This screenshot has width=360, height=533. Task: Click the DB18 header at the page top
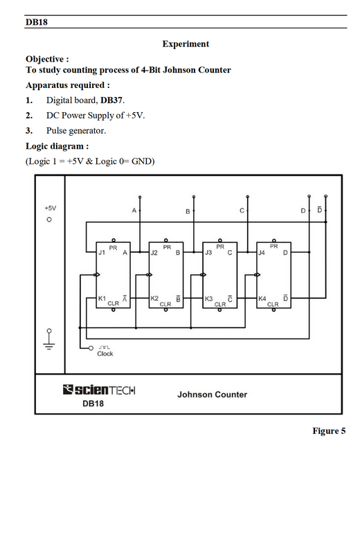[x=37, y=22]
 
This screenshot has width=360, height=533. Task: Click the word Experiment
[x=186, y=44]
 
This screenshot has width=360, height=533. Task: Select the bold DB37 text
[x=111, y=100]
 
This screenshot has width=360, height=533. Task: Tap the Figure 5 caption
[x=329, y=431]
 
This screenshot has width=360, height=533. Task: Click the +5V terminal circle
[x=49, y=219]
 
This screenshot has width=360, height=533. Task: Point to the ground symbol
[x=49, y=339]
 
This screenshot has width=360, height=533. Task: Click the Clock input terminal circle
[x=91, y=348]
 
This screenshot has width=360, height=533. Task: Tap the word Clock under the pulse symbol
[x=105, y=354]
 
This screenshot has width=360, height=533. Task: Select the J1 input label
[x=102, y=253]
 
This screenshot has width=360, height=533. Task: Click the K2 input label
[x=154, y=298]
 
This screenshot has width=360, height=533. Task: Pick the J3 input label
[x=208, y=253]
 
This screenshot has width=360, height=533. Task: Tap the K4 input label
[x=262, y=299]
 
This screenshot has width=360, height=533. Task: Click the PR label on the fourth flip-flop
[x=273, y=246]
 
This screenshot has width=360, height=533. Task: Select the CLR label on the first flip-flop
[x=114, y=303]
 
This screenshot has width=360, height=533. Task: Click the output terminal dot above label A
[x=140, y=197]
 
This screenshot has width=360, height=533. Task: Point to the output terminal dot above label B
[x=194, y=197]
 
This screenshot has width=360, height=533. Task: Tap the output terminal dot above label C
[x=247, y=197]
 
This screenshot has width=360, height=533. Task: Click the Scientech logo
[x=99, y=390]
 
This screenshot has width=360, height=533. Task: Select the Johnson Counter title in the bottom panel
[x=212, y=395]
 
